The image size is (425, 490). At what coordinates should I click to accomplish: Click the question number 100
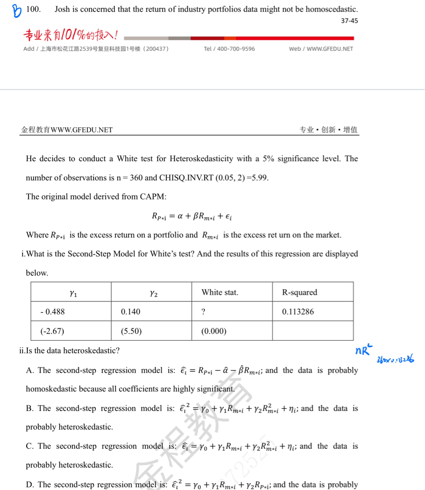pyautogui.click(x=33, y=9)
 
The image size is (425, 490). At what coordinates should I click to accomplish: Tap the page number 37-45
pyautogui.click(x=349, y=21)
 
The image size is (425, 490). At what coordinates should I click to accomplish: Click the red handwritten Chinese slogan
pyautogui.click(x=72, y=35)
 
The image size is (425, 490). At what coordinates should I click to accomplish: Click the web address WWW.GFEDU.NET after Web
pyautogui.click(x=329, y=49)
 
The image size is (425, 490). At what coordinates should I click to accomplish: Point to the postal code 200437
pyautogui.click(x=153, y=49)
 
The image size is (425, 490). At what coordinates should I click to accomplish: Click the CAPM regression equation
pyautogui.click(x=192, y=216)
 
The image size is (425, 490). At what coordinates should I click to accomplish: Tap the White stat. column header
pyautogui.click(x=219, y=292)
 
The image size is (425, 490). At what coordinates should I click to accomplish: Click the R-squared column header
pyautogui.click(x=299, y=292)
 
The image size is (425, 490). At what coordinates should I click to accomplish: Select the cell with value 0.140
pyautogui.click(x=131, y=312)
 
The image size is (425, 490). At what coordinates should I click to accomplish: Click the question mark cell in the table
pyautogui.click(x=204, y=312)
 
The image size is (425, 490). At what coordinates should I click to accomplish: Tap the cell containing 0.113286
pyautogui.click(x=298, y=312)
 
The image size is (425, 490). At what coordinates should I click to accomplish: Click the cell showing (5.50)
pyautogui.click(x=131, y=331)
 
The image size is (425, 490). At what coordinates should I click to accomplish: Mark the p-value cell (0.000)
pyautogui.click(x=214, y=331)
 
